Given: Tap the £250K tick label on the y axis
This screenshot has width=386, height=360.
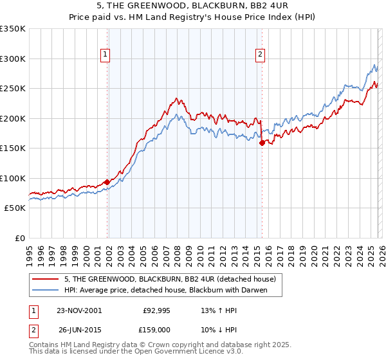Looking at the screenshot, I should [13, 88].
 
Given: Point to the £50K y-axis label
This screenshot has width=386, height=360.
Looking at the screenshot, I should [15, 208].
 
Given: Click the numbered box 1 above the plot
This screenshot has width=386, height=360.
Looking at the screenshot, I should [105, 55].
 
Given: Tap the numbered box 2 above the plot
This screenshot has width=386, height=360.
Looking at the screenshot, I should [261, 55].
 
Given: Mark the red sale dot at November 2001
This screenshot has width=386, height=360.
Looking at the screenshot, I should [107, 183].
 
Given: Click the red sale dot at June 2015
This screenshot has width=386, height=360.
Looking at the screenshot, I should [262, 143].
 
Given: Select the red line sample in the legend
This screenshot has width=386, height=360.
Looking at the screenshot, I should [46, 279].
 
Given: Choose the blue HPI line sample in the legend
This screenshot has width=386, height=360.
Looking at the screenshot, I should [46, 290].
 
